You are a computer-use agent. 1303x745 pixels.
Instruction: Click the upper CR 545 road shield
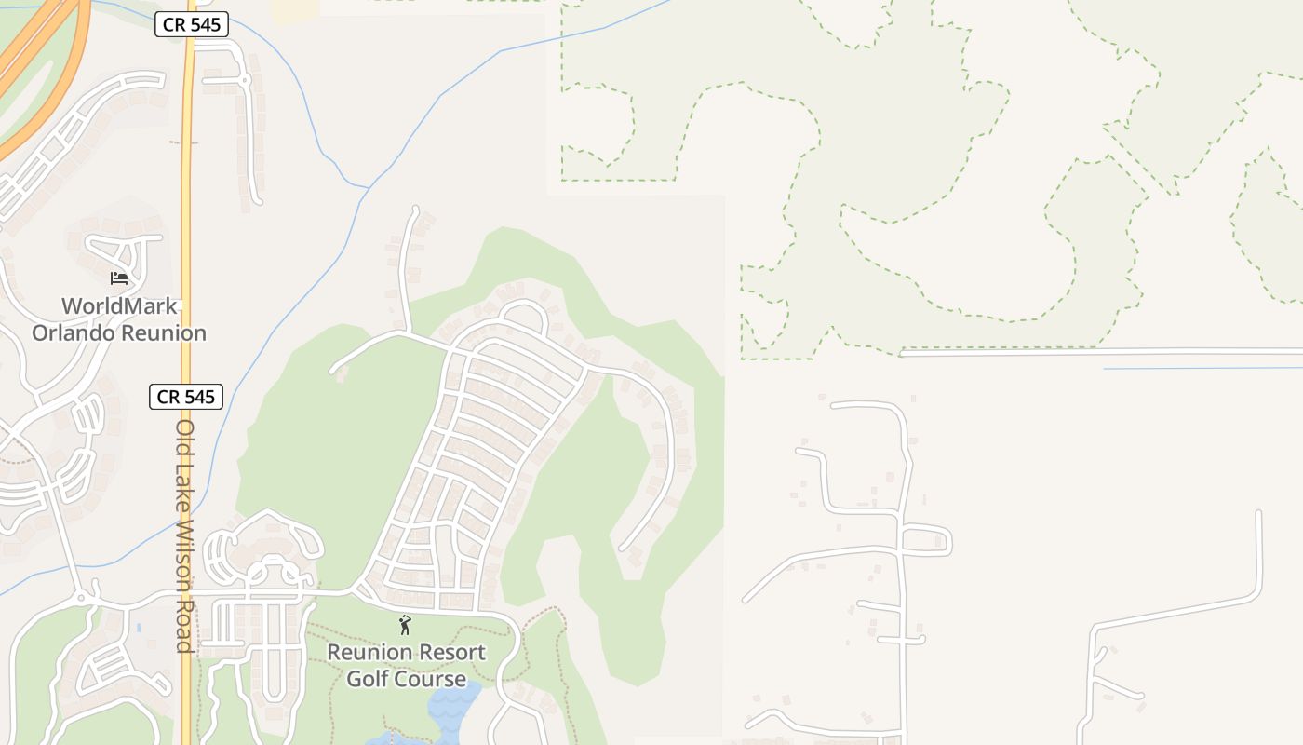pyautogui.click(x=191, y=25)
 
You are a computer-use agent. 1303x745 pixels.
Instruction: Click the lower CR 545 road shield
pyautogui.click(x=186, y=397)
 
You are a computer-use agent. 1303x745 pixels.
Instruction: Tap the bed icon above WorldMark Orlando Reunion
pyautogui.click(x=119, y=278)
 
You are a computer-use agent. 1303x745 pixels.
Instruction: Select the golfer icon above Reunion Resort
pyautogui.click(x=405, y=625)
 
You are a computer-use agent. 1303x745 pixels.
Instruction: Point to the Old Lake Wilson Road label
pyautogui.click(x=185, y=535)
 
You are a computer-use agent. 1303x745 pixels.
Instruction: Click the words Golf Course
pyautogui.click(x=406, y=679)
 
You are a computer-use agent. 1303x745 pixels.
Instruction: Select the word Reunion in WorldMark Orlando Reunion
pyautogui.click(x=167, y=332)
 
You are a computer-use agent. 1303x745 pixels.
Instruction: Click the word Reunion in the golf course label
pyautogui.click(x=367, y=653)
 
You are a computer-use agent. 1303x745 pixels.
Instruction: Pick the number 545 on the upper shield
pyautogui.click(x=205, y=25)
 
